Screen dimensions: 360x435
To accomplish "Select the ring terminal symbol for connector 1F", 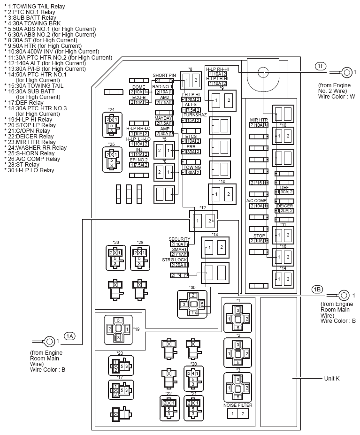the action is pos(346,72).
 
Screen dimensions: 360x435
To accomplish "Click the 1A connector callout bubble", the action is pos(70,336).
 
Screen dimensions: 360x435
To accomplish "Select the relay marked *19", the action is pos(115,329).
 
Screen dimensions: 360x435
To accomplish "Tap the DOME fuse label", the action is pos(138,87).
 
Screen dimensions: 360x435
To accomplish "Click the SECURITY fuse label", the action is pos(179,239).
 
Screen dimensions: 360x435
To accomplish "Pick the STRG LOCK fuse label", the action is pos(175,259).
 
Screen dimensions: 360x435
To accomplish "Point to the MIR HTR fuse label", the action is pos(259,120).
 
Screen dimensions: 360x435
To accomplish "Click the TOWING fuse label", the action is pos(192,167).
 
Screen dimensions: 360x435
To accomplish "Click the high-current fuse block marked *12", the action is pos(204,220).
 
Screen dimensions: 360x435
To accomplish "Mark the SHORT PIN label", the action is pos(164,75).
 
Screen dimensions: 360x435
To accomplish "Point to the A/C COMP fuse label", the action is pos(256,200).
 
